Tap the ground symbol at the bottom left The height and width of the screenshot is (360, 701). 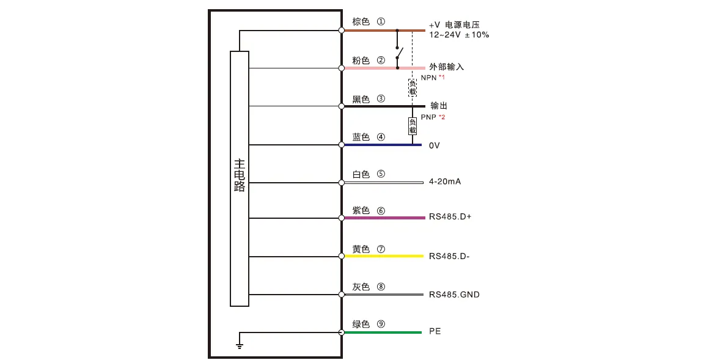[240, 346]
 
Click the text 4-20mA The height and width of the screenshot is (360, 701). [445, 182]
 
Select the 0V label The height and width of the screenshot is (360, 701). [435, 145]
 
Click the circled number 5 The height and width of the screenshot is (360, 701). [381, 174]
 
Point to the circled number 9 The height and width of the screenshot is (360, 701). [381, 324]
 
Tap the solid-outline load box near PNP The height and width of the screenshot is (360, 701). [413, 126]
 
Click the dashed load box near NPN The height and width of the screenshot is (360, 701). [413, 87]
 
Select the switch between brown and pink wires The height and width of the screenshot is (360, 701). [398, 54]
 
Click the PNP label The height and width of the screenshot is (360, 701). [428, 116]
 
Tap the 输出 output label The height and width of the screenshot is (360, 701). [439, 106]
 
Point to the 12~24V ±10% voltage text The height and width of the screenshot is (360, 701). [458, 35]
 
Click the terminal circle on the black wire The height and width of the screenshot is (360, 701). [341, 106]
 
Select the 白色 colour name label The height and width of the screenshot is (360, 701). [361, 174]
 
